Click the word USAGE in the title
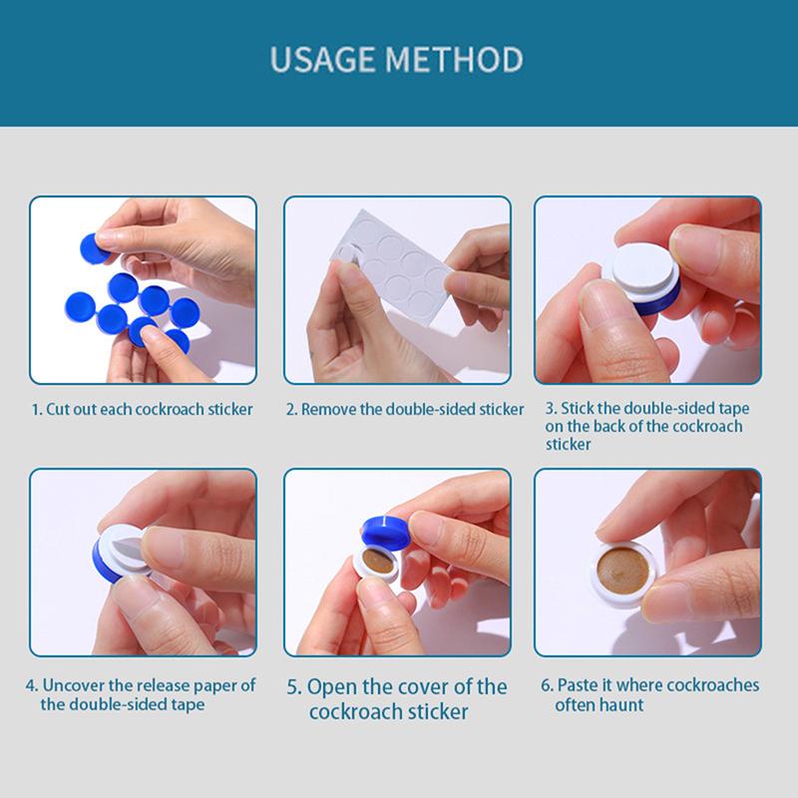click(323, 60)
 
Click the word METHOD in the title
click(455, 60)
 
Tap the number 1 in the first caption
click(36, 410)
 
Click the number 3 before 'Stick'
click(552, 408)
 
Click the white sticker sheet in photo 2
click(392, 264)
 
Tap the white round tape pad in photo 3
click(642, 268)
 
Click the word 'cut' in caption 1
click(58, 410)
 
